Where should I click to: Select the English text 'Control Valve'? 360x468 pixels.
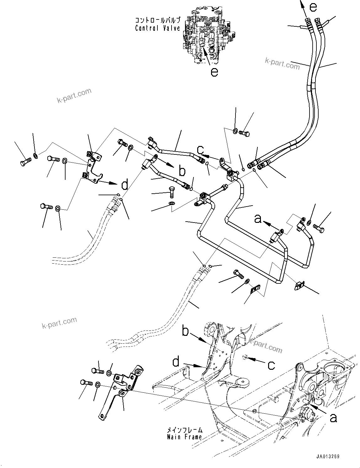pyautogui.click(x=157, y=28)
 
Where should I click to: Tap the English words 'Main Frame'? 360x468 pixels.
pyautogui.click(x=184, y=437)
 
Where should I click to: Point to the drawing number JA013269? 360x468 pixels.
pyautogui.click(x=328, y=457)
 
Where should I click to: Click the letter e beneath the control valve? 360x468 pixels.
pyautogui.click(x=214, y=72)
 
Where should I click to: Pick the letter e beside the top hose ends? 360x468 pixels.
pyautogui.click(x=313, y=6)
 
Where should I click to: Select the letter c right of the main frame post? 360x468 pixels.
pyautogui.click(x=271, y=365)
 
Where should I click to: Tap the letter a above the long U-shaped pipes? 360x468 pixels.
pyautogui.click(x=258, y=218)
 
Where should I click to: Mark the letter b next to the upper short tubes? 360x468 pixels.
pyautogui.click(x=182, y=171)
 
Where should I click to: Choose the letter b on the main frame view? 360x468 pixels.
pyautogui.click(x=186, y=331)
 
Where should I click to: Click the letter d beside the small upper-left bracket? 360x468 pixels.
pyautogui.click(x=124, y=185)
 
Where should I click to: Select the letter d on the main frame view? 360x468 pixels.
pyautogui.click(x=176, y=362)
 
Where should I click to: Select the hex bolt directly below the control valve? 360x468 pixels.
pyautogui.click(x=244, y=134)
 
